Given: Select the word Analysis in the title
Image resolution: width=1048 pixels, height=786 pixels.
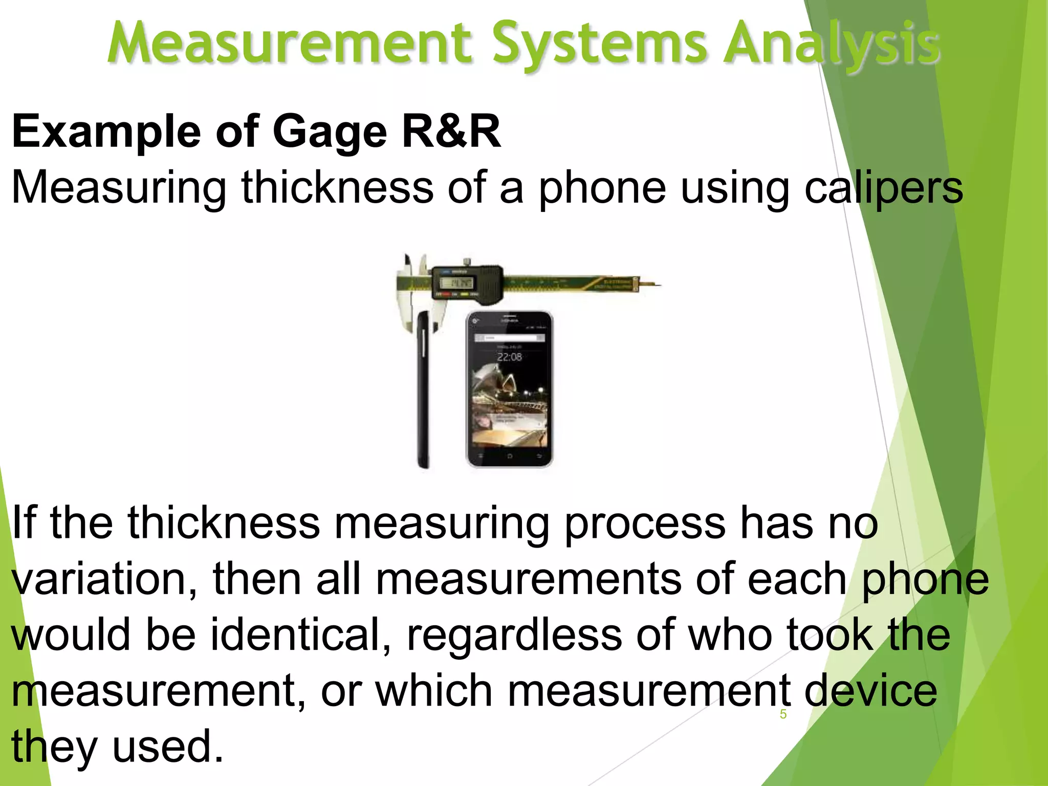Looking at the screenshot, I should coord(831,45).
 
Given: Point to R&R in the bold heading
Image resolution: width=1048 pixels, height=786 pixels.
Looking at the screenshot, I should coord(451,132).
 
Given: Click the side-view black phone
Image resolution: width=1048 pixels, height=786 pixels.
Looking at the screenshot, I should coord(423,389).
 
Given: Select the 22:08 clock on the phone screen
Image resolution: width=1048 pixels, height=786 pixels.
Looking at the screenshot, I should coord(509,357).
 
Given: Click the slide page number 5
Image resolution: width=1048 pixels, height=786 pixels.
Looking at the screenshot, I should coord(783,714).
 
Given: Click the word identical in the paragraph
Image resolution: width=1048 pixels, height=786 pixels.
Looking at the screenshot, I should coord(301,635).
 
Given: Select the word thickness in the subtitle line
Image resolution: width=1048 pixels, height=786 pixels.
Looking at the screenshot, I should coord(338,187).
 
